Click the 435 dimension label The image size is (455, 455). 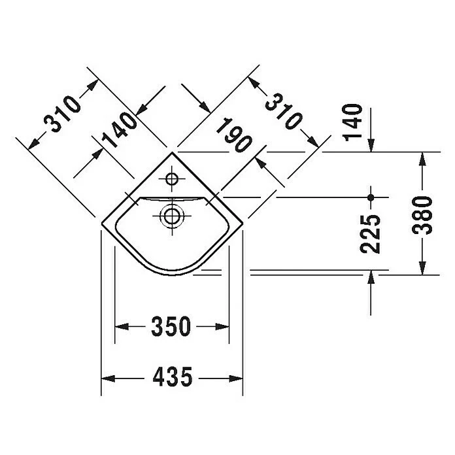(x=172, y=377)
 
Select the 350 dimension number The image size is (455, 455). (x=172, y=326)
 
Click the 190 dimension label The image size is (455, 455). (x=235, y=134)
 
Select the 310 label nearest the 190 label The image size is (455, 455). (x=283, y=112)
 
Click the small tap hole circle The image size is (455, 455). (x=173, y=178)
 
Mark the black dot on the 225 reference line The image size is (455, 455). (x=371, y=197)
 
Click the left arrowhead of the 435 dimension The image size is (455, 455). (x=107, y=378)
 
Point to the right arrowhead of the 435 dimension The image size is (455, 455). (x=237, y=378)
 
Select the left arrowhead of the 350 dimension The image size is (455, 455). (x=121, y=326)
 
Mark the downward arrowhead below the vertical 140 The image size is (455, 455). (x=371, y=145)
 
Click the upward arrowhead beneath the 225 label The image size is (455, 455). (x=371, y=279)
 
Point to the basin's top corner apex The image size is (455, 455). (x=173, y=152)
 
